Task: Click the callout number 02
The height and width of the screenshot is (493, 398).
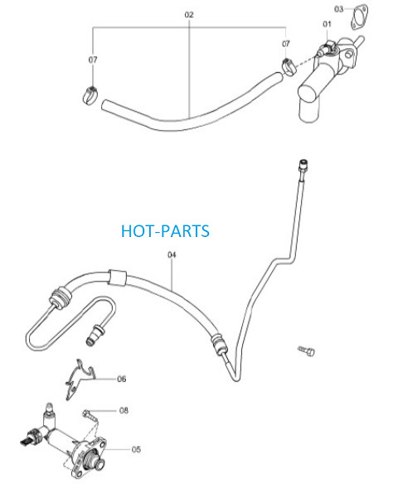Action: tap(189, 15)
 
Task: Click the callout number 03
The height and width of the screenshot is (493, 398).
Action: tap(338, 9)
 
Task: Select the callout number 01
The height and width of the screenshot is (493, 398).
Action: tap(327, 24)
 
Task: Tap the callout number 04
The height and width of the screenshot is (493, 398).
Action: tap(172, 254)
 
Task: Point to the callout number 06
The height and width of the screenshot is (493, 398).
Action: tap(121, 379)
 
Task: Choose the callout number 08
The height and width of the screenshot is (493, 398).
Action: tap(124, 410)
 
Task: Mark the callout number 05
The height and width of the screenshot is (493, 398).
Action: tap(136, 449)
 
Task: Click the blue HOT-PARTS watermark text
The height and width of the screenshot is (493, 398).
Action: tap(165, 231)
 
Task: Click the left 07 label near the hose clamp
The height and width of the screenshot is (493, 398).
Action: tap(93, 60)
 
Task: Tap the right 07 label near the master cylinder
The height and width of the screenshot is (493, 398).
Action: tap(286, 44)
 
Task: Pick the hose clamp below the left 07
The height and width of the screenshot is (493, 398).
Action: tap(90, 96)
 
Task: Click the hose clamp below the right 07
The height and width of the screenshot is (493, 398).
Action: tap(289, 67)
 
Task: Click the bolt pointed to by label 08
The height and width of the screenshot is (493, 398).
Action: tap(90, 415)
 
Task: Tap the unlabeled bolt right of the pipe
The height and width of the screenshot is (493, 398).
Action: tap(306, 350)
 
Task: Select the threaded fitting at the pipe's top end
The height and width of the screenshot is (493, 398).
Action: tap(303, 167)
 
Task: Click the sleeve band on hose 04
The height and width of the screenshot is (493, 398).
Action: tap(118, 278)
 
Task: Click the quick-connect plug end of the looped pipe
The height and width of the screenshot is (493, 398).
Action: tap(95, 336)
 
